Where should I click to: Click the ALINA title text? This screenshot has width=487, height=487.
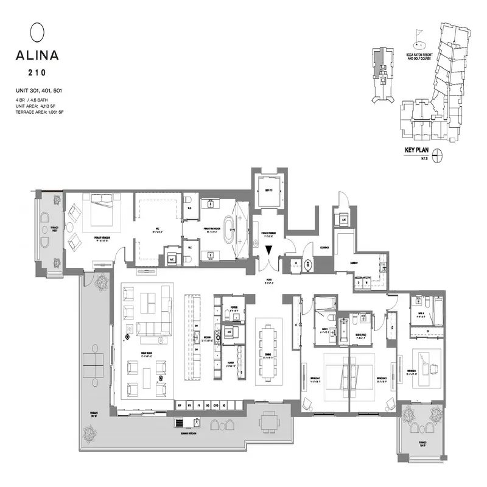click(37, 55)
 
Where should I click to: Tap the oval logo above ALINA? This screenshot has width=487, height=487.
click(37, 31)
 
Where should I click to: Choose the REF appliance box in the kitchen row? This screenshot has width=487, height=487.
click(180, 405)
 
